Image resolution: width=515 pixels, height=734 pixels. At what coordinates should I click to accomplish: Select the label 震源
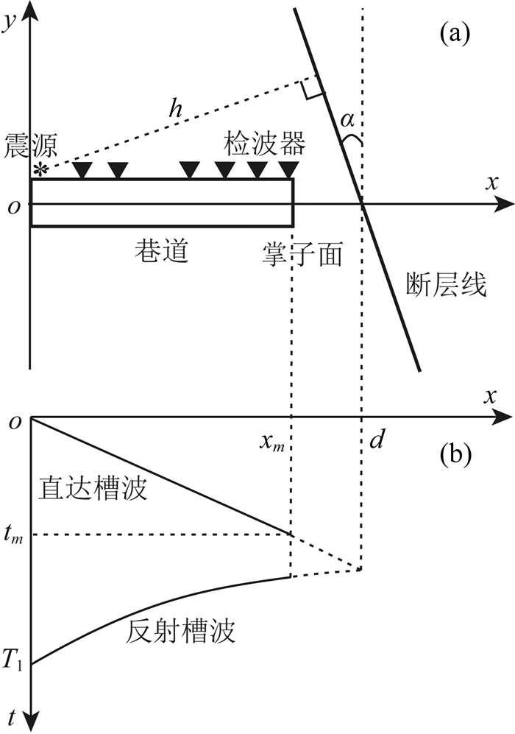pos(26,144)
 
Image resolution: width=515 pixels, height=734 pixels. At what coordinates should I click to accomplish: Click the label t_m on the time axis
pos(13,535)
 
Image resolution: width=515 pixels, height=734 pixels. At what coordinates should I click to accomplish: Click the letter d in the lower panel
pos(377,441)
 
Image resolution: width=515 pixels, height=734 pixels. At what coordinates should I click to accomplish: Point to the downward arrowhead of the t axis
pos(29,721)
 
